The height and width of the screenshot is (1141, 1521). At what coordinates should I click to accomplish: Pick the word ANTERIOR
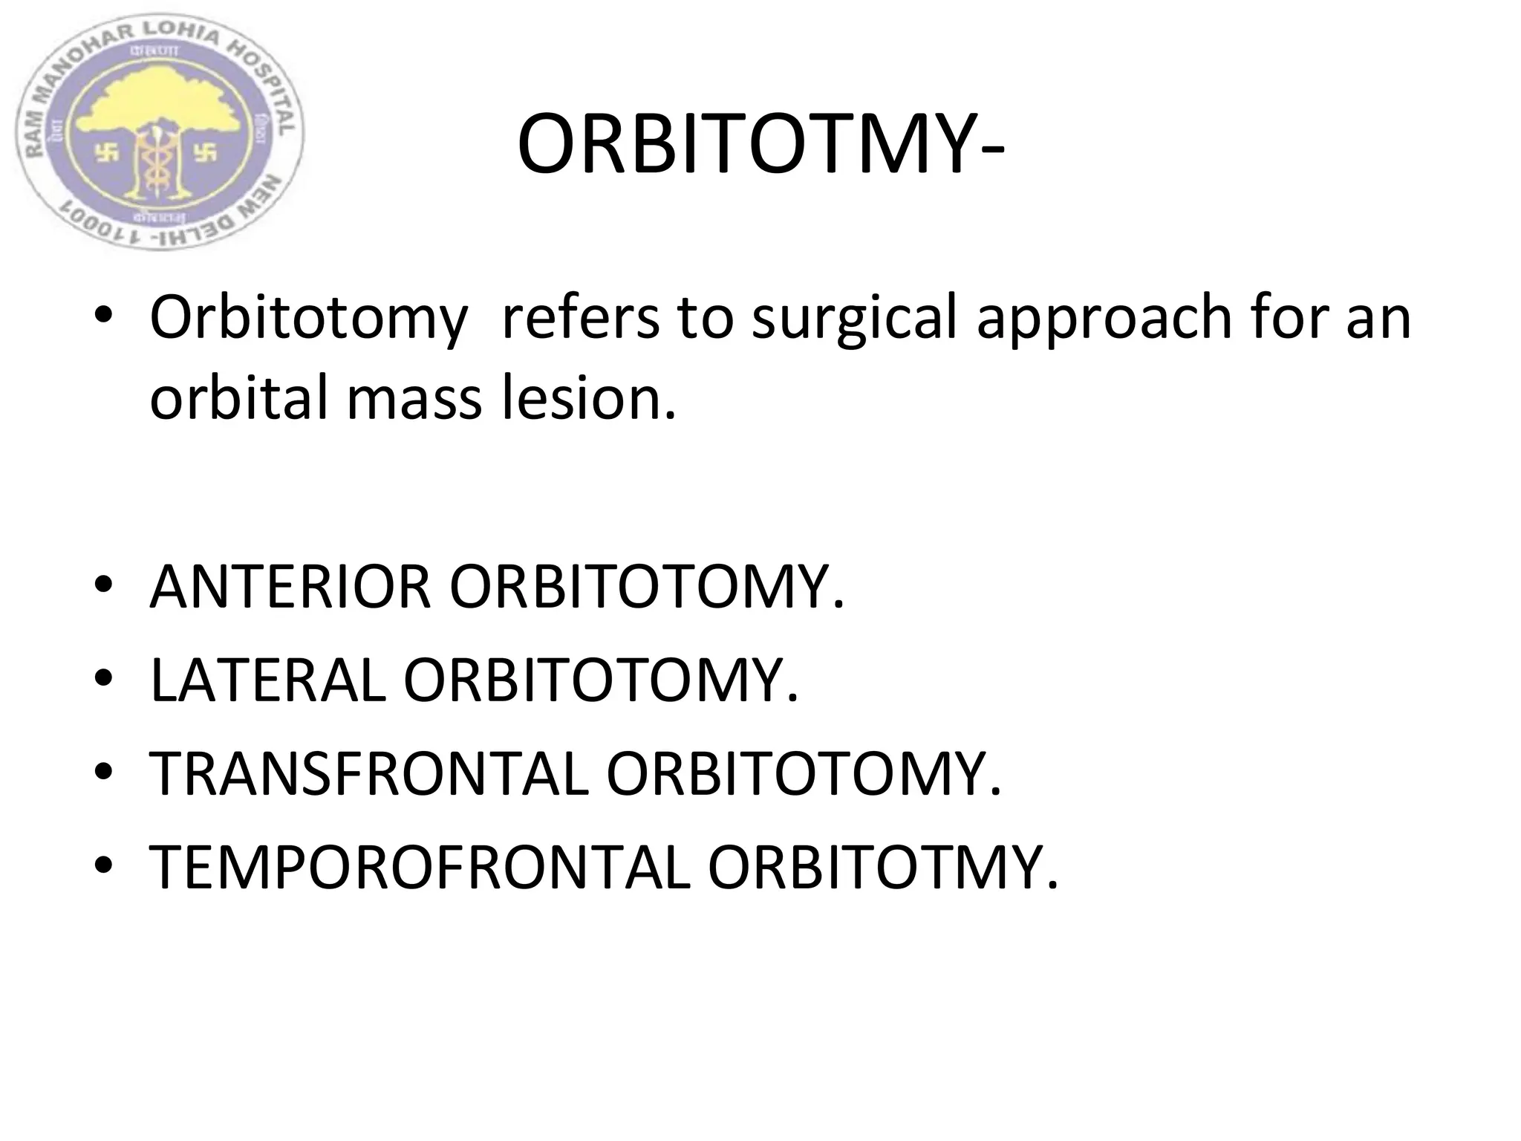(290, 587)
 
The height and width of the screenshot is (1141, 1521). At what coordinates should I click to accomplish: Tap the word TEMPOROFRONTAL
(420, 868)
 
